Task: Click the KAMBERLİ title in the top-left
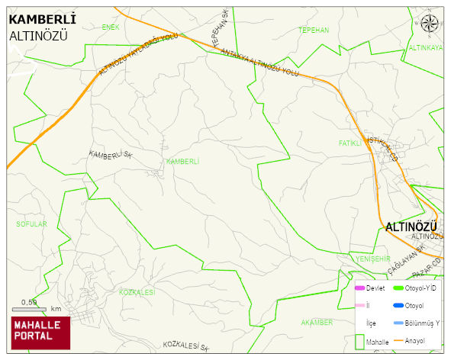[x=41, y=18]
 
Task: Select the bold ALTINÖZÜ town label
[x=411, y=227]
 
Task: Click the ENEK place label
[x=111, y=27]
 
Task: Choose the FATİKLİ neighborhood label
[x=350, y=143]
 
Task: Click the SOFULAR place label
[x=31, y=224]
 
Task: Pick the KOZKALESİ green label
[x=138, y=293]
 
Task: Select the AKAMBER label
[x=317, y=323]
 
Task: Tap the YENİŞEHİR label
[x=373, y=259]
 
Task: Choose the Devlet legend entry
[x=369, y=288]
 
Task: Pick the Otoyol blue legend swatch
[x=398, y=305]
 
